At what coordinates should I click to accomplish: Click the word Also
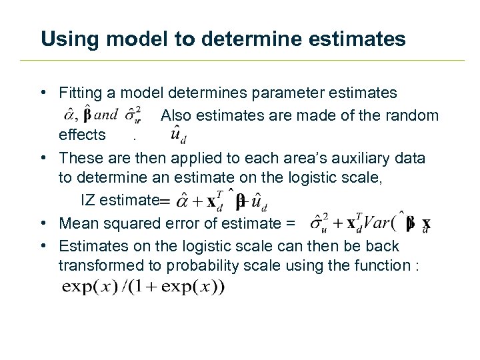pos(177,115)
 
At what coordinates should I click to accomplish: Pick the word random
pos(412,115)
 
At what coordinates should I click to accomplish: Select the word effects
pos(82,135)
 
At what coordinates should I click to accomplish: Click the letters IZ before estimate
pos(88,200)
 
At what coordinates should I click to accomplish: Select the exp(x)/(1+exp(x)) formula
pos(143,287)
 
